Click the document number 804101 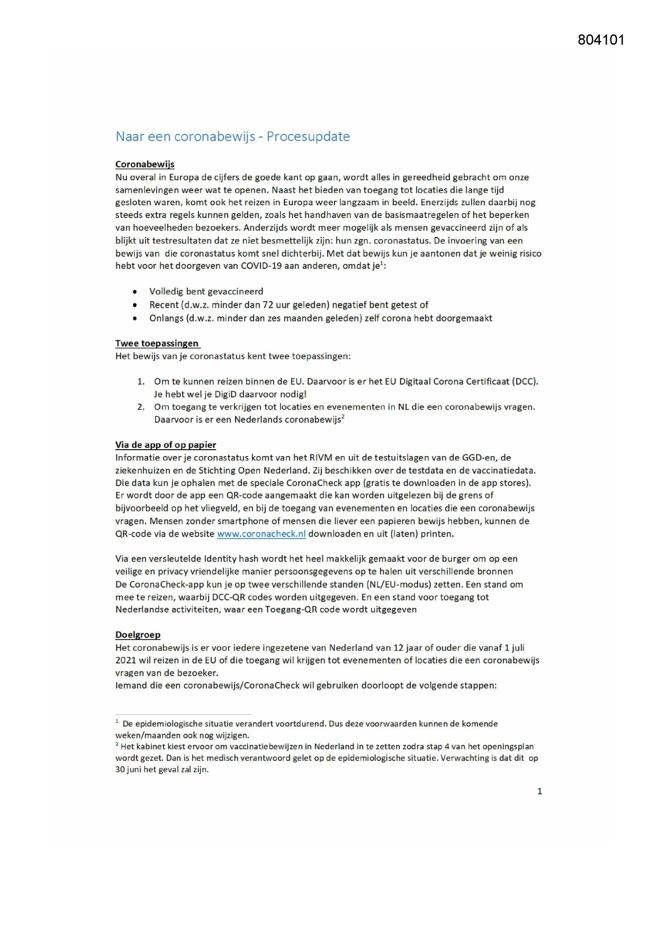click(601, 40)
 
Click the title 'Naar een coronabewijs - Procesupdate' click(232, 137)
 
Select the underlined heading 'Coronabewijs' click(145, 165)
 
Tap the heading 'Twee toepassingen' click(157, 343)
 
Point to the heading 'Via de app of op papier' click(166, 445)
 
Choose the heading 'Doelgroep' click(138, 635)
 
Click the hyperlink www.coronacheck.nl click(262, 534)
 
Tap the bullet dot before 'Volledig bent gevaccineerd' click(136, 292)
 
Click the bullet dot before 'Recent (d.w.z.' click(136, 305)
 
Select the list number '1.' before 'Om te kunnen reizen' click(141, 381)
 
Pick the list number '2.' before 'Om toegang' click(141, 407)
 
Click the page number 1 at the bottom click(539, 791)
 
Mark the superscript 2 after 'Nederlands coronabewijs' click(343, 417)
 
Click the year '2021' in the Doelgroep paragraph click(126, 660)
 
